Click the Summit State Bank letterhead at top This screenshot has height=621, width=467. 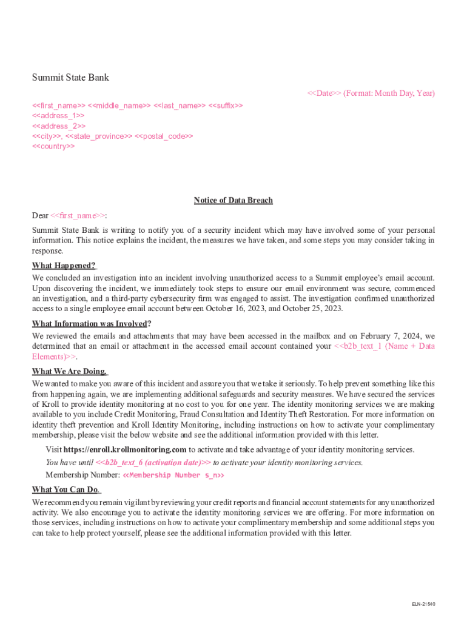pos(70,78)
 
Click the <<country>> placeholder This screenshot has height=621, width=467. pos(53,147)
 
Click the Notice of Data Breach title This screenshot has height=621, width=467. pos(233,201)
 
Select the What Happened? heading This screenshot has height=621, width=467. pos(64,266)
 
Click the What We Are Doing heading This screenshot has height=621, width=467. pos(69,371)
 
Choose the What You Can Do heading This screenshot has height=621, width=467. pos(66,489)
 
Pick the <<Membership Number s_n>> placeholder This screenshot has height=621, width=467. pos(173,475)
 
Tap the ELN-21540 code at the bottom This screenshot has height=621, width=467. pos(423,604)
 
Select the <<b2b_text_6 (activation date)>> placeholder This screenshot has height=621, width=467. pos(153,463)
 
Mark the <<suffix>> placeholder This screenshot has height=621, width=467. pos(226,106)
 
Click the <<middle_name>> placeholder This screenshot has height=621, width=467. pos(120,106)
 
